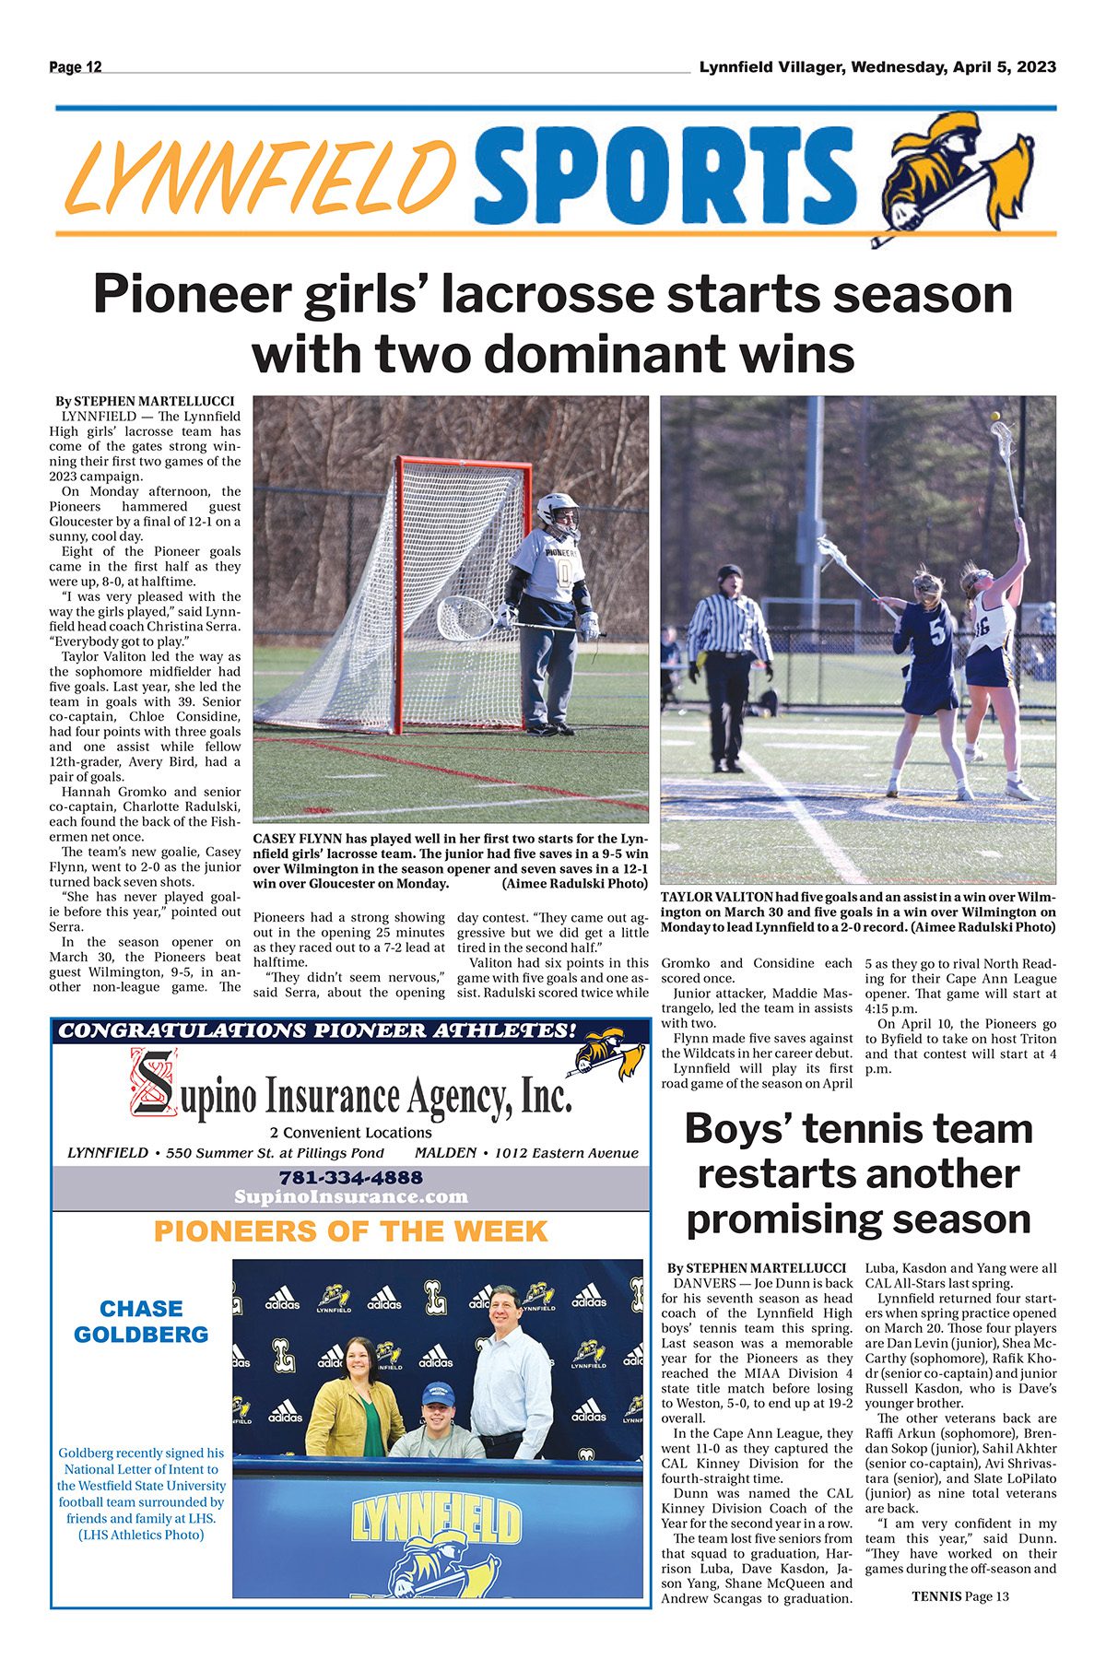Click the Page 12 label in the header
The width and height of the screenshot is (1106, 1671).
76,66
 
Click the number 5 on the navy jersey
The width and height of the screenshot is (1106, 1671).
936,633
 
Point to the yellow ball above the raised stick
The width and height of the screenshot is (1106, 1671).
994,417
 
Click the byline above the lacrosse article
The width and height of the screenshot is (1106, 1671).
145,401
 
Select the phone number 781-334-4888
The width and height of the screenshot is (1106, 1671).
350,1177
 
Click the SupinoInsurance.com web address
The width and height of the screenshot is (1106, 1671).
350,1196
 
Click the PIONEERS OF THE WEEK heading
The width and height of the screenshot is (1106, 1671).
350,1231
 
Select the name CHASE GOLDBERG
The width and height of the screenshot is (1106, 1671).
141,1321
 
